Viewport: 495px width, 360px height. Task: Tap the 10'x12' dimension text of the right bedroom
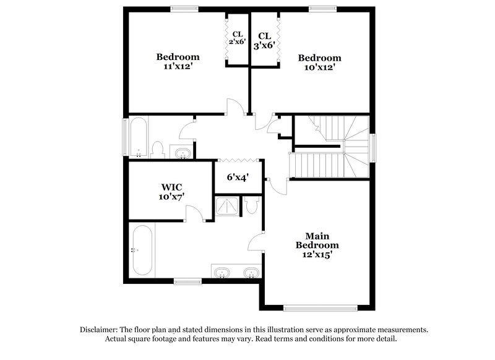point(319,67)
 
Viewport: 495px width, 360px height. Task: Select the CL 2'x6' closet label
point(238,38)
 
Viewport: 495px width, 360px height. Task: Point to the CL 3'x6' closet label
point(265,40)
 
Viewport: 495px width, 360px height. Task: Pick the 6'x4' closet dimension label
point(237,177)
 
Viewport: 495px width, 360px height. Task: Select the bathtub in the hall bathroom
point(138,137)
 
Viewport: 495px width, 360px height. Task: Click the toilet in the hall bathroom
point(157,150)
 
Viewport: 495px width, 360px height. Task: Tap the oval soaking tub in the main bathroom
point(142,250)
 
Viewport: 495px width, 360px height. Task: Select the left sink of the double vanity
point(222,272)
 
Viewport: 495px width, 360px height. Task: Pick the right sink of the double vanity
point(251,272)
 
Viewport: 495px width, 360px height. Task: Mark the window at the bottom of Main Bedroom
point(321,307)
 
